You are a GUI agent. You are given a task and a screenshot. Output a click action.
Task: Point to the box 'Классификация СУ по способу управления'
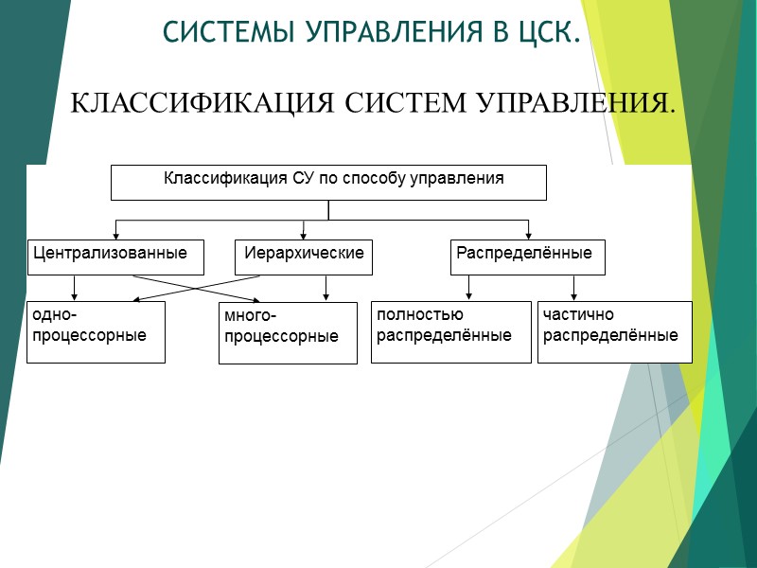point(328,183)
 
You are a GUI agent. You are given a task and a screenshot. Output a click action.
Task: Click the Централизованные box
point(115,257)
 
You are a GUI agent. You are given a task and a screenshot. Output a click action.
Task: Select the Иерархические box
point(303,257)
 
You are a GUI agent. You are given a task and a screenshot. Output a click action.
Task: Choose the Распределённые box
point(527,257)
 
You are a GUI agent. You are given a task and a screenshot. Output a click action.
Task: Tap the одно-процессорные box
point(96,331)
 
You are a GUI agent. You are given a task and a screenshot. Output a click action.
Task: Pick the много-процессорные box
point(288,333)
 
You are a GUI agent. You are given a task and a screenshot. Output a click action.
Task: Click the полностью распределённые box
point(450,331)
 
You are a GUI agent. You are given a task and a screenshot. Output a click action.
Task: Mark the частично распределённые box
point(614,331)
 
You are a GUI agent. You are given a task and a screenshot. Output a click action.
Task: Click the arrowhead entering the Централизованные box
point(115,235)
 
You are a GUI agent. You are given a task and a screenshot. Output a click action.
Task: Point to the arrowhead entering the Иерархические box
point(303,235)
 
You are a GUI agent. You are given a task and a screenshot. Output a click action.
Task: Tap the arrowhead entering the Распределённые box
point(528,235)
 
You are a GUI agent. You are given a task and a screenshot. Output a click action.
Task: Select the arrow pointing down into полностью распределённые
point(468,296)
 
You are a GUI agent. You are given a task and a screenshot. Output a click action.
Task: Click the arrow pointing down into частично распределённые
point(572,296)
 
